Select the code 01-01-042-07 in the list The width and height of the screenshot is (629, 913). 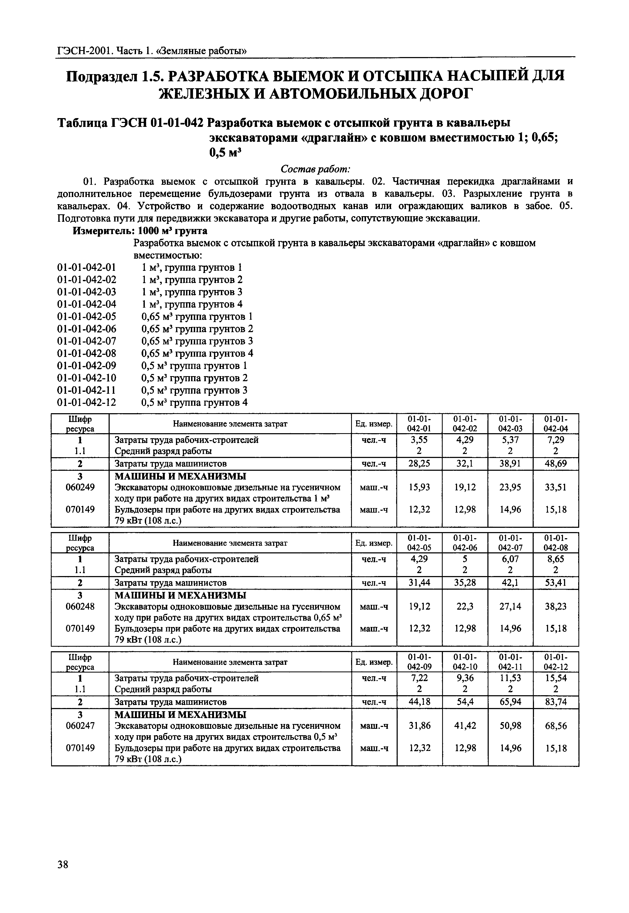click(87, 341)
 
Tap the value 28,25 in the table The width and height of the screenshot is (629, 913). click(419, 464)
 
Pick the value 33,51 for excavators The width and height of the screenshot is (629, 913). click(556, 487)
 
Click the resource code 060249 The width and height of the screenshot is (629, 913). click(80, 487)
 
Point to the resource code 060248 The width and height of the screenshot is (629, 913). click(80, 606)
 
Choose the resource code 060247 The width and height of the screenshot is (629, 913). click(80, 726)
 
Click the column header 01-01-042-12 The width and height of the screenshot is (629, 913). click(556, 662)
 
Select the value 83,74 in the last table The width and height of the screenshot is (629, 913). click(556, 702)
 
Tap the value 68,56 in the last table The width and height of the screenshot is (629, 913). click(556, 726)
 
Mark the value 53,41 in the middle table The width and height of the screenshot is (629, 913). click(556, 583)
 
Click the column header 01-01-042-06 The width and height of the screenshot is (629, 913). click(465, 543)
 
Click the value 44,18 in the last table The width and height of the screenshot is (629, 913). click(419, 702)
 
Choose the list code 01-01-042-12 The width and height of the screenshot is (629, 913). click(87, 403)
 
